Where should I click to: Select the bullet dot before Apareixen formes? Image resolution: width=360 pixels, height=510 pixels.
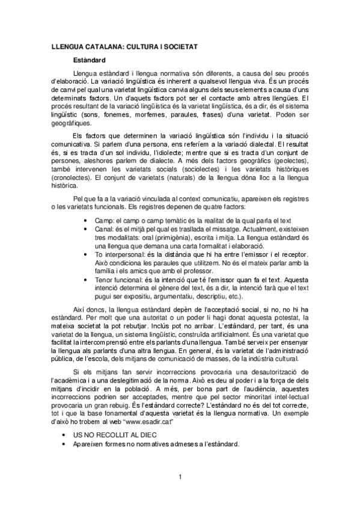(x=64, y=444)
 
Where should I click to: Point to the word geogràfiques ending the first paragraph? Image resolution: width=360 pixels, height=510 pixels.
(x=70, y=123)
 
